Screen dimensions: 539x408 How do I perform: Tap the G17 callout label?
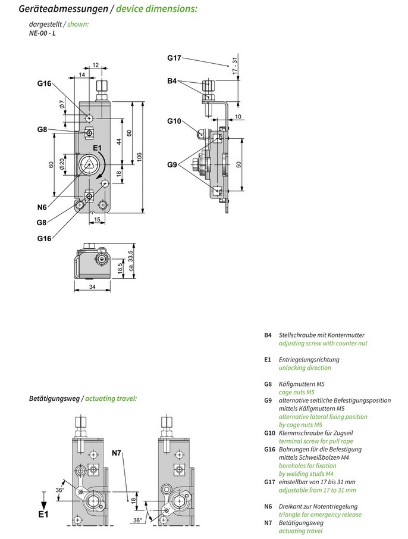tap(174, 58)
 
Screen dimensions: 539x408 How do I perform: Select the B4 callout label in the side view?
tap(172, 80)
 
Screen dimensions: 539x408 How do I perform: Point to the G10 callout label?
tap(174, 121)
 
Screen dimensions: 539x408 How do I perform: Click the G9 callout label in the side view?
tap(172, 164)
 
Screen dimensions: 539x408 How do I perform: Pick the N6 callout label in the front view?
tap(42, 207)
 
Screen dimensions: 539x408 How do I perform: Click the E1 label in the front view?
tap(98, 148)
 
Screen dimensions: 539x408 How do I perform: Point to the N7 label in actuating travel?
tap(117, 454)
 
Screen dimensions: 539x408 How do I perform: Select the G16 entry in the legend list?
tap(269, 449)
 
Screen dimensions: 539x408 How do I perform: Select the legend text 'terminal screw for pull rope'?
tap(316, 441)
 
